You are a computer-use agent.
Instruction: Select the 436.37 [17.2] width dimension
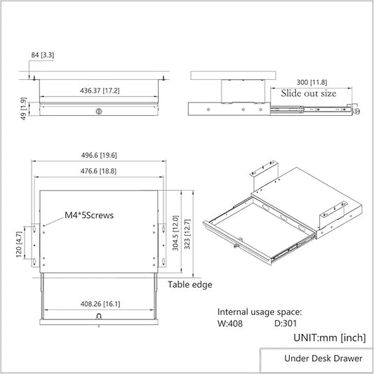98,91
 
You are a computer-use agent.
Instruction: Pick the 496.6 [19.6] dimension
98,156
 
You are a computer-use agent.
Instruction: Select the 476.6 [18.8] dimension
98,171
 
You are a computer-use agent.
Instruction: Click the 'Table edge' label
190,285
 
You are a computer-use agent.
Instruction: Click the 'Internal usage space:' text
260,312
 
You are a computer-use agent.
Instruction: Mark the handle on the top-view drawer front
98,317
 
